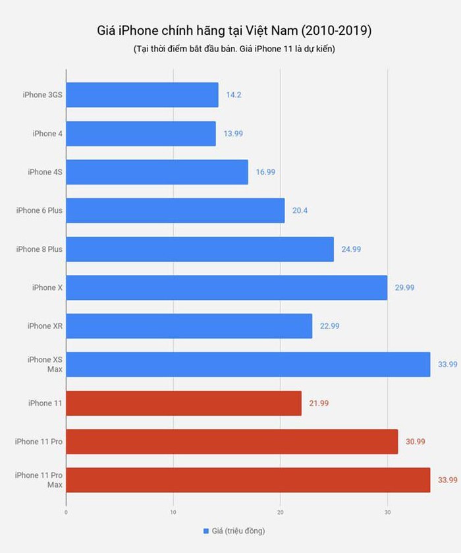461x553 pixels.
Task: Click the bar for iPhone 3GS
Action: point(142,95)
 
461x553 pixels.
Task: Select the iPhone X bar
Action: point(227,287)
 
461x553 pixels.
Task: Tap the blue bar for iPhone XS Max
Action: point(248,364)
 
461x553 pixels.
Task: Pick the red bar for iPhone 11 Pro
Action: point(232,442)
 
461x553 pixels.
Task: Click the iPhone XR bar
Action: point(189,326)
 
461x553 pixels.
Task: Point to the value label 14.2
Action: point(234,95)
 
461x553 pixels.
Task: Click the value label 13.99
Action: point(233,134)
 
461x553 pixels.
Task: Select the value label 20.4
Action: point(300,211)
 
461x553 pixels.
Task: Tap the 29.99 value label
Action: point(404,287)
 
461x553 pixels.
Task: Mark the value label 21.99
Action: point(319,403)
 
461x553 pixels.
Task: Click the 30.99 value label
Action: point(415,442)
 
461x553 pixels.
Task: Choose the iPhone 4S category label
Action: point(45,172)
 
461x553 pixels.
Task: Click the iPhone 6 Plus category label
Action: point(40,211)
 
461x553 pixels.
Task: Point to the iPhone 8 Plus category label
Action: point(40,249)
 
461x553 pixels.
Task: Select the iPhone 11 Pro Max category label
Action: point(39,480)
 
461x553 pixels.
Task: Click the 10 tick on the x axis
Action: point(173,510)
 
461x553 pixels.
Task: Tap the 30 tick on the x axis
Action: point(387,510)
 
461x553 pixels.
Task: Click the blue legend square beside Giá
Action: point(206,531)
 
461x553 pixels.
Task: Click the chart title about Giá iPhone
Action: point(234,30)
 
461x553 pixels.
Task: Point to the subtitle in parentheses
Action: point(234,50)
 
